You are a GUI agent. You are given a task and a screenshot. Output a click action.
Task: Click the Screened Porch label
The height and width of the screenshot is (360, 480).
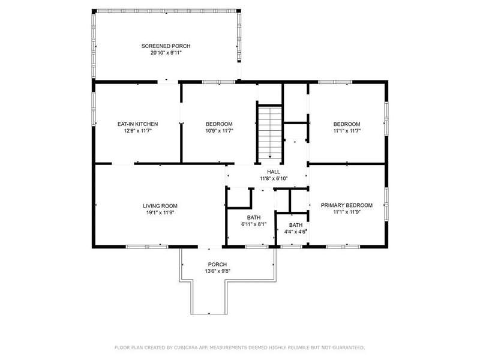click(166, 46)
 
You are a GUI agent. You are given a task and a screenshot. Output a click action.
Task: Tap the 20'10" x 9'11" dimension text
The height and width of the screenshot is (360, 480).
click(166, 53)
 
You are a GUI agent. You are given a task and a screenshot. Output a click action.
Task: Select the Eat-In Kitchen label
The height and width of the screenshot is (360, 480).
click(138, 124)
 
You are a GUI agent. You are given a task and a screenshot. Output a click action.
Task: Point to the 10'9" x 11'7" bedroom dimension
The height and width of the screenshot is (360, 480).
click(219, 131)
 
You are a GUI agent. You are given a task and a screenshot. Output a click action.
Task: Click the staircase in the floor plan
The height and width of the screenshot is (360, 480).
click(269, 132)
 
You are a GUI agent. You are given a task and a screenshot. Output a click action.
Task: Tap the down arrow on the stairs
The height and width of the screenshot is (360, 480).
click(269, 157)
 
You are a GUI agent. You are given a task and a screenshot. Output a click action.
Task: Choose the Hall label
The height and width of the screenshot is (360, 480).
click(274, 172)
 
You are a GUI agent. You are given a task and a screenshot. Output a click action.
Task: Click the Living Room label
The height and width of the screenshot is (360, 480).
click(160, 206)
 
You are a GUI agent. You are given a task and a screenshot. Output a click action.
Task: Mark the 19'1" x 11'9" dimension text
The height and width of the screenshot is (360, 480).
click(160, 212)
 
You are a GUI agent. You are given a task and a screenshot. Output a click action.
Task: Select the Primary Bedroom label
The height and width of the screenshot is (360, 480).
click(347, 205)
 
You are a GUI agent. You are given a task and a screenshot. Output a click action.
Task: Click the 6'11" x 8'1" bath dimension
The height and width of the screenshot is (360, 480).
click(254, 224)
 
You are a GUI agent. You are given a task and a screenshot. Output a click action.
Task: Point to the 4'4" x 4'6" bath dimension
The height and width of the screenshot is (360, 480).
click(295, 232)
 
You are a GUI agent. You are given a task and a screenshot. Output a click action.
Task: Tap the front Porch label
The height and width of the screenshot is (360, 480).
click(217, 265)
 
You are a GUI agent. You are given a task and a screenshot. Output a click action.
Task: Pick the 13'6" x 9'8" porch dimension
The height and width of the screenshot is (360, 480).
click(217, 271)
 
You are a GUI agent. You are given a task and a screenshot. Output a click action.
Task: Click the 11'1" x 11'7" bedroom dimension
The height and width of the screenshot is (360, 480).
click(347, 131)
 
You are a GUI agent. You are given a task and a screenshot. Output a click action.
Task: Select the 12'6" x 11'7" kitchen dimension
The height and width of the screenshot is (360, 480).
click(138, 131)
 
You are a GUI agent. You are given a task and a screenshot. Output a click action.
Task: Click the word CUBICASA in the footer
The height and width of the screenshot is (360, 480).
click(186, 347)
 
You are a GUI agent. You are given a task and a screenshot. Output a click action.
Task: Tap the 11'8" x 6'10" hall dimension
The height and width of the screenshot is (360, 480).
click(274, 178)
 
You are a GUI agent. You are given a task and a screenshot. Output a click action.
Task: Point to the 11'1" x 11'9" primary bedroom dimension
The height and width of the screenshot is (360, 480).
click(347, 212)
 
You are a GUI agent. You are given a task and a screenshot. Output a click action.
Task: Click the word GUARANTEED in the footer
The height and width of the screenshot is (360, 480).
click(349, 347)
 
